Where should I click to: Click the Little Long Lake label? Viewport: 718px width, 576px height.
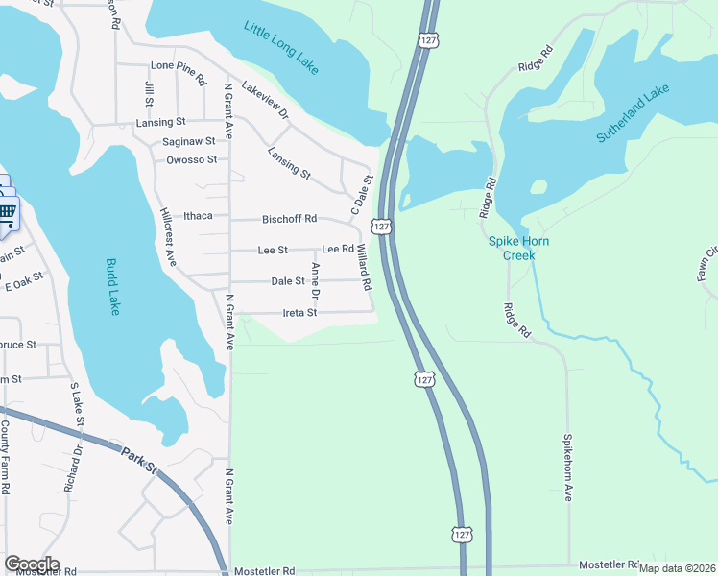tap(281, 48)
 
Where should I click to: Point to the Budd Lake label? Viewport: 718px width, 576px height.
tap(112, 286)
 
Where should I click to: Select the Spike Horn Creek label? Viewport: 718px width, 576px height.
tap(518, 248)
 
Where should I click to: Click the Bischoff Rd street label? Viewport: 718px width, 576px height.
tap(289, 219)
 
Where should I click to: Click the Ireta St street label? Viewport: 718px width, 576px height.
tap(299, 313)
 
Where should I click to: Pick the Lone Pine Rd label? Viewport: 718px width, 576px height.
tap(179, 66)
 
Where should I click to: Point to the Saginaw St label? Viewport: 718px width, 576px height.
tap(188, 141)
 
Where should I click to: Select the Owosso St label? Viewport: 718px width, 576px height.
tap(191, 159)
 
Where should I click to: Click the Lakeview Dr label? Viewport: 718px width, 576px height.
tap(266, 99)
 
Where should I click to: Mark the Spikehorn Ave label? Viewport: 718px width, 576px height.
tap(567, 466)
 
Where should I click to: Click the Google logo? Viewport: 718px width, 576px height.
tap(32, 564)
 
